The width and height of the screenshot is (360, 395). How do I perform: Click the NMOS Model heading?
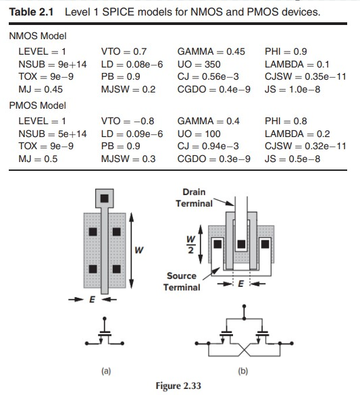(x=37, y=35)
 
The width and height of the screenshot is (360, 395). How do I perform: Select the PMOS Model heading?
(x=37, y=105)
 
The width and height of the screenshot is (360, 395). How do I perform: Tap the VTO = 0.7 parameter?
(x=124, y=51)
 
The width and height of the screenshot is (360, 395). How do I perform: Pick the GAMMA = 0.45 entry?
(x=211, y=51)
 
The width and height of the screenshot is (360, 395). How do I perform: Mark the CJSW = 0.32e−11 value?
(x=305, y=146)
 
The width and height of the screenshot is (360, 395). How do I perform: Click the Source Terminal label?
(x=182, y=282)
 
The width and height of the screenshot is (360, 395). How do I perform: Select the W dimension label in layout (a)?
(x=139, y=251)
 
